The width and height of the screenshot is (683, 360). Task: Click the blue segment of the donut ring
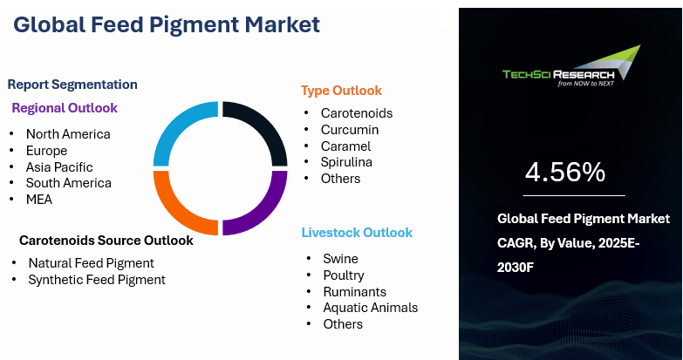[x=171, y=126]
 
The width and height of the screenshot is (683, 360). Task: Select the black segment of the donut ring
[x=270, y=126]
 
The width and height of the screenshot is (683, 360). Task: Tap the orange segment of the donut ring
[x=171, y=211]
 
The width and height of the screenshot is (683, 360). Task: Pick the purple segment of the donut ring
[x=270, y=211]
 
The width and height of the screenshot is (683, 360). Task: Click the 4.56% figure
[x=565, y=172]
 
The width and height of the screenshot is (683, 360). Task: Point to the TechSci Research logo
[x=571, y=66]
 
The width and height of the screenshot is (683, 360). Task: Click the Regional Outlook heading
[x=65, y=108]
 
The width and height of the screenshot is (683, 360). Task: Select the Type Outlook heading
[x=342, y=91]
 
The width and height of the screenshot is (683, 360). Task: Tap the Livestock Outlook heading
[x=357, y=233]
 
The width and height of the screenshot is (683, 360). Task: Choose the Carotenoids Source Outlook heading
[x=106, y=241]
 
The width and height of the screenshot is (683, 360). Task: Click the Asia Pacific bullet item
[x=59, y=167]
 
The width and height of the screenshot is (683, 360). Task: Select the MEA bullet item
[x=39, y=200]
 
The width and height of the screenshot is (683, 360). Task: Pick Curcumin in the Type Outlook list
[x=350, y=130]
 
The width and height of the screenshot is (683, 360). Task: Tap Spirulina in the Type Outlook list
[x=346, y=162]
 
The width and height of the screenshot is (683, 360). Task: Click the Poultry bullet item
[x=344, y=275]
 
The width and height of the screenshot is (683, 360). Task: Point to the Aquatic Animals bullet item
[x=371, y=308]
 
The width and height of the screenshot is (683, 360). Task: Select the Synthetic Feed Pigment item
[x=97, y=280]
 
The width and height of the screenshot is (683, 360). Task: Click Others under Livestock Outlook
[x=343, y=324]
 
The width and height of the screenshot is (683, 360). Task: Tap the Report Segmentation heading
[x=72, y=85]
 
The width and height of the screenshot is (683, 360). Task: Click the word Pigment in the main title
[x=193, y=25]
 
